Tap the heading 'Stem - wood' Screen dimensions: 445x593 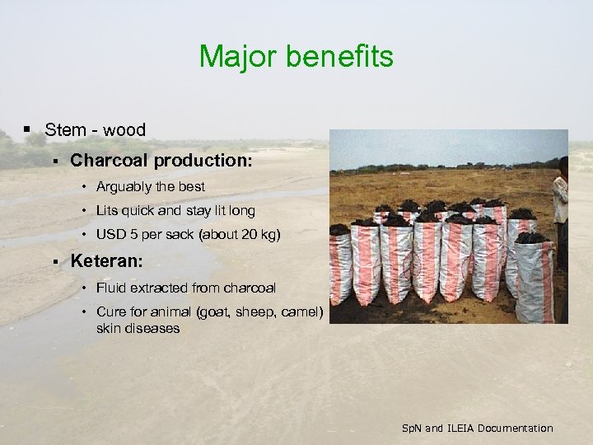click(95, 129)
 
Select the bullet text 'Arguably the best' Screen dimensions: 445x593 click(150, 186)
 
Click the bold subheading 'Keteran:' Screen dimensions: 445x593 click(107, 261)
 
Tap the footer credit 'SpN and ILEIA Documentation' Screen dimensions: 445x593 click(477, 428)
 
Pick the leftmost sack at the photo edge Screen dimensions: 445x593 click(339, 264)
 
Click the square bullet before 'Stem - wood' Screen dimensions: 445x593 click(27, 129)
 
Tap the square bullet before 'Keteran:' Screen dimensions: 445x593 click(54, 262)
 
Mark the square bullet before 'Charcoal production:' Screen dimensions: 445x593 click(54, 162)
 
